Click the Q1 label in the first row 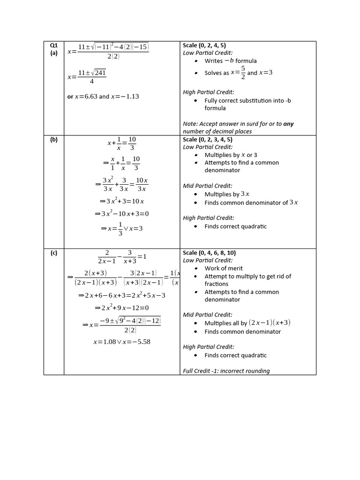tap(53, 45)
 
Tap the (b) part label tap(53, 140)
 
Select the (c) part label tap(53, 253)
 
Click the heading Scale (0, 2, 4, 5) tap(204, 45)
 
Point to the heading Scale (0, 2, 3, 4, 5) tap(207, 140)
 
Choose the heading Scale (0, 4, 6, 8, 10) tap(209, 253)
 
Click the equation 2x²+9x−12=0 tap(122, 308)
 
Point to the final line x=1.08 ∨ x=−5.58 tap(122, 342)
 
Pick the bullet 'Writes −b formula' tap(231, 61)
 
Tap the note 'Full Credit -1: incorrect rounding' tap(226, 371)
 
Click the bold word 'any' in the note tap(289, 124)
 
